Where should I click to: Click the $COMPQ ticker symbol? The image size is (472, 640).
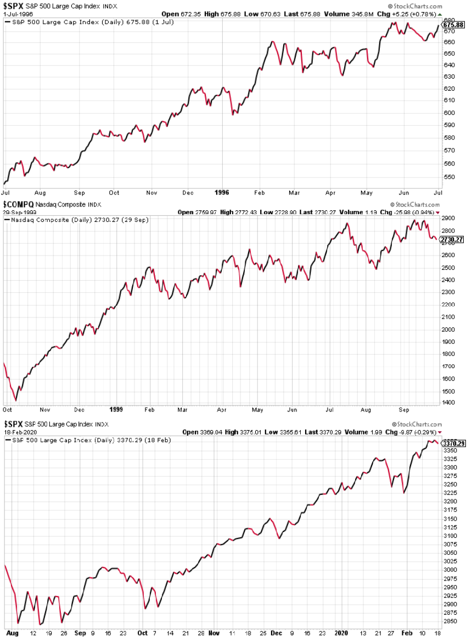pyautogui.click(x=18, y=205)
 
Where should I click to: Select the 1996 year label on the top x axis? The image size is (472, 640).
pyautogui.click(x=221, y=192)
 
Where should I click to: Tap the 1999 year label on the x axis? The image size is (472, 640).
pyautogui.click(x=115, y=409)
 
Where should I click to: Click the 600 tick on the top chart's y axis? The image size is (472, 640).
pyautogui.click(x=449, y=112)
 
